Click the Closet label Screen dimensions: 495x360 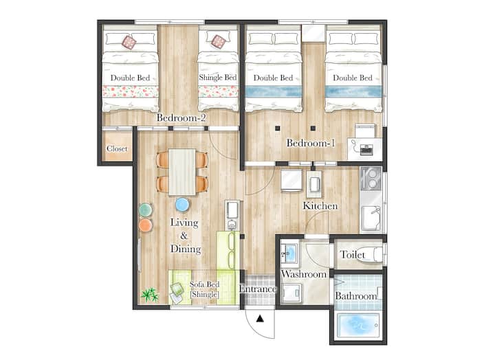coord(117,148)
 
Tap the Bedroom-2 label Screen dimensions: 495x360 coord(181,117)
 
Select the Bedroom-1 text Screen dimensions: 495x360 coord(310,143)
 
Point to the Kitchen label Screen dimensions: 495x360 coord(320,205)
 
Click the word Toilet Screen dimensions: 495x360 coord(352,255)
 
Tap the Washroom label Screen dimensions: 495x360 coord(303,274)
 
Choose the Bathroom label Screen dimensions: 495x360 coord(356,296)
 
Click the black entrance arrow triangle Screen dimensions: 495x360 coord(260,319)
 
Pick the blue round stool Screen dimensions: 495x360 coord(182,205)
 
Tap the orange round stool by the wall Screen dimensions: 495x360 coord(146,225)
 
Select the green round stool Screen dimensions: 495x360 coord(146,210)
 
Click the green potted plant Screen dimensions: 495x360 coord(150,295)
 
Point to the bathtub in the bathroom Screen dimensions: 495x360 coord(358,325)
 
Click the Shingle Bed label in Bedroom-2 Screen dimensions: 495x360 coord(218,78)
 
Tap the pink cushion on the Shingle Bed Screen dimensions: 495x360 coord(219,42)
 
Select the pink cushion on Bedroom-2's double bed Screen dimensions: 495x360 coord(129,42)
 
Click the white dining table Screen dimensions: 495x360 coord(182,172)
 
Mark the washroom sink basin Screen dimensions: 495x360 coord(289,253)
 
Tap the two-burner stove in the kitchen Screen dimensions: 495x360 coord(371,179)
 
